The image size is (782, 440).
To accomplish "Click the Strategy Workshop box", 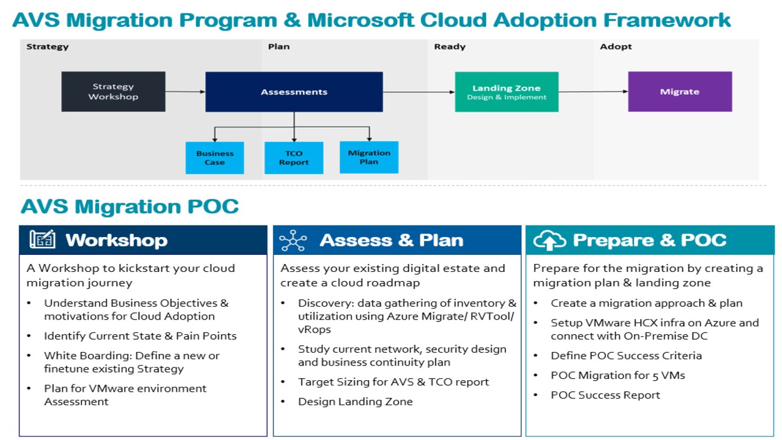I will [x=113, y=92].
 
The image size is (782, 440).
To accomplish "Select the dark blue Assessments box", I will [x=294, y=92].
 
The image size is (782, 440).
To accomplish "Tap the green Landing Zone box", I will [x=506, y=92].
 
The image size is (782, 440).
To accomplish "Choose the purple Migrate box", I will [x=679, y=92].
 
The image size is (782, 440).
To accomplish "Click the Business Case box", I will [x=214, y=158].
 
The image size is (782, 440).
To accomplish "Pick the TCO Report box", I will [x=294, y=158].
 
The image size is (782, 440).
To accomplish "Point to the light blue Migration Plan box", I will [x=369, y=157].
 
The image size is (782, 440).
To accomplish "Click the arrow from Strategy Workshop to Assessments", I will [x=185, y=92].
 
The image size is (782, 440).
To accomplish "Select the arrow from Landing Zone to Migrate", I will [x=593, y=92].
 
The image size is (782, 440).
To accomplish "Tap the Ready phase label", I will [x=450, y=46].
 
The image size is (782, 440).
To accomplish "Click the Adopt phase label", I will [x=616, y=46].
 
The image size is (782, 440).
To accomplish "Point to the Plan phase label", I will [x=279, y=46].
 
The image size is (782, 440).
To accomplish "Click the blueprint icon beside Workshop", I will [x=42, y=240].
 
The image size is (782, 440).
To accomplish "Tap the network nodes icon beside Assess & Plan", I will [x=293, y=241].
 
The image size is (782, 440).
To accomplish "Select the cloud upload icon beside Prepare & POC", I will [x=549, y=241].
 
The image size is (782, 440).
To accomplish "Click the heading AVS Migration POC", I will [x=130, y=207].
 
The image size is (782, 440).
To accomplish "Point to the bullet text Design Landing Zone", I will [x=355, y=402].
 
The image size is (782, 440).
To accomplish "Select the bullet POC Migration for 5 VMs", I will [x=618, y=375].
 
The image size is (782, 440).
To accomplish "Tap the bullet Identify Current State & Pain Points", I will [x=140, y=335].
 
